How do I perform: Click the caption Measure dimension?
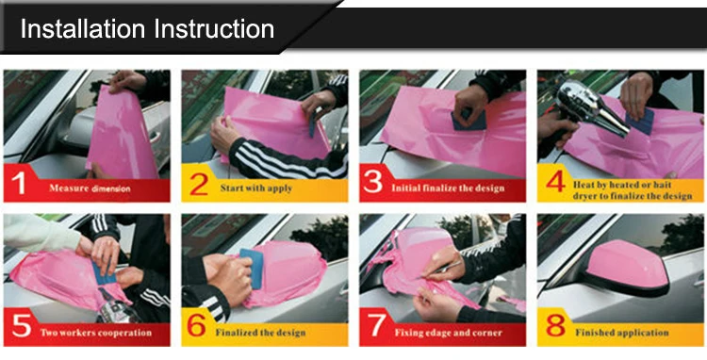(90, 188)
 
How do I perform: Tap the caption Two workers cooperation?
(95, 333)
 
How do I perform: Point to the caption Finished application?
(622, 333)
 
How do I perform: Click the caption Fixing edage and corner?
(446, 333)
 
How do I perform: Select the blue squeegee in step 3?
(467, 119)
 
